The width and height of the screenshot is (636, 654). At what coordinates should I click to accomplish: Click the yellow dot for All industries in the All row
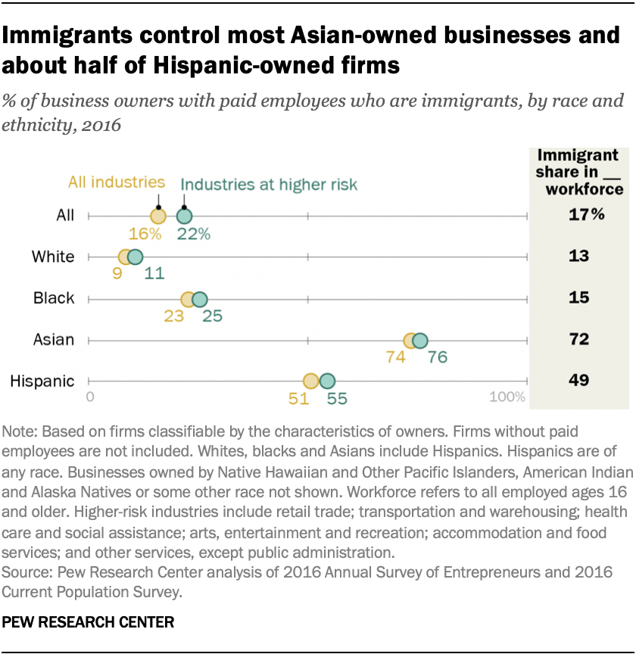157,216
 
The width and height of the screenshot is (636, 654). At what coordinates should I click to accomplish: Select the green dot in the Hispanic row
327,381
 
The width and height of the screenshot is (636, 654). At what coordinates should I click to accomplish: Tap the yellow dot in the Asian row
410,341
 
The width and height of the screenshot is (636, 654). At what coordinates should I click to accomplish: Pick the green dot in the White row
135,257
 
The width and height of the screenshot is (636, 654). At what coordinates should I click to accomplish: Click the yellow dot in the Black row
188,299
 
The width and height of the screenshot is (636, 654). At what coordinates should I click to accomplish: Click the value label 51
298,398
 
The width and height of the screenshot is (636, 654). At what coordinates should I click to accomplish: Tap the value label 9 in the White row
117,274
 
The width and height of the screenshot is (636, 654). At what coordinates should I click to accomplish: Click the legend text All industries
117,182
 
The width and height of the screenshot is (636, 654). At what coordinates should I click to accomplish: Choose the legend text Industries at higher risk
269,185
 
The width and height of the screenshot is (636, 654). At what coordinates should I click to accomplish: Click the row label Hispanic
42,381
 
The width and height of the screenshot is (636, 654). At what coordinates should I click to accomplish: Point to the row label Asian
53,339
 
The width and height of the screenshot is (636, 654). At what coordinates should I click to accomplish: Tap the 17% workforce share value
587,215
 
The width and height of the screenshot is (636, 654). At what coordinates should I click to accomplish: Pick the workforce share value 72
579,339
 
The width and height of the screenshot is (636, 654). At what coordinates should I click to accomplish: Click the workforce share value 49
579,380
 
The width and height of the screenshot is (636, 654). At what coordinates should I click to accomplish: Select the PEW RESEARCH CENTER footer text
89,623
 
